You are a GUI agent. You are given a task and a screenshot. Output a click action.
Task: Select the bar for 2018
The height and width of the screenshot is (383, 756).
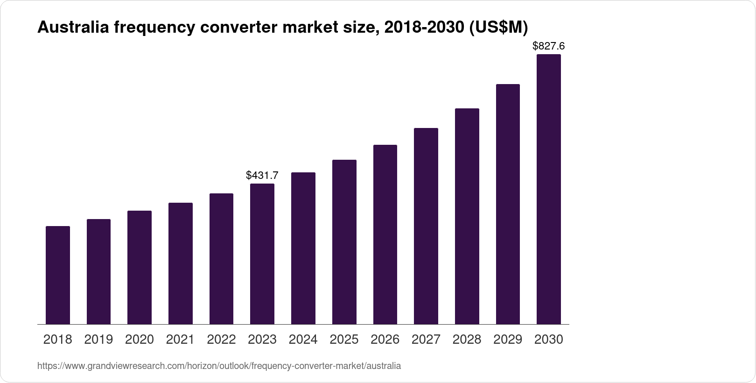tap(58, 275)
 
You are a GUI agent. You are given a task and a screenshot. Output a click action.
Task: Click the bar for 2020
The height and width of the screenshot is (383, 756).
tap(140, 267)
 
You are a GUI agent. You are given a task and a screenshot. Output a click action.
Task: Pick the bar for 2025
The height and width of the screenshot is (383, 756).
tap(344, 242)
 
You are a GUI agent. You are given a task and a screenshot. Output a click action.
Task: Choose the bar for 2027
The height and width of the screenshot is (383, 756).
tap(426, 226)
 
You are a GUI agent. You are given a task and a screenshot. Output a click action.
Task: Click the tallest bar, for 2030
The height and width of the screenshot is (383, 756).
tap(549, 189)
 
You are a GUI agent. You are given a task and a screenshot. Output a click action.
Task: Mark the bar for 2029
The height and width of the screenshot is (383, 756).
tap(508, 204)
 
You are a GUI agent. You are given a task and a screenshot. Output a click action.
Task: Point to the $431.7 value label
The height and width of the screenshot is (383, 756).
tap(262, 176)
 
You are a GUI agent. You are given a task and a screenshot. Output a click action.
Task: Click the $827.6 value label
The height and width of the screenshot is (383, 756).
tap(549, 46)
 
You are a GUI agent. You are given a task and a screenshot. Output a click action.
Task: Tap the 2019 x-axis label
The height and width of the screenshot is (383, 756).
tap(98, 340)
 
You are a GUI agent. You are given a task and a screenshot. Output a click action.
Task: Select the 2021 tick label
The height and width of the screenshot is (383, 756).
tap(180, 340)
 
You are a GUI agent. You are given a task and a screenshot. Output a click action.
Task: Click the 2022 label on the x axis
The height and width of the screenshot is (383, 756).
tap(221, 340)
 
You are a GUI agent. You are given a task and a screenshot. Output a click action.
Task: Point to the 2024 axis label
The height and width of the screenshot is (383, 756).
tap(303, 340)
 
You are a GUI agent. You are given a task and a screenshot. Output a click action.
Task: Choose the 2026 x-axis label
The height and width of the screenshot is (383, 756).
tap(385, 340)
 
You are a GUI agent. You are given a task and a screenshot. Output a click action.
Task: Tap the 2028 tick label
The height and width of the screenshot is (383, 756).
tap(467, 340)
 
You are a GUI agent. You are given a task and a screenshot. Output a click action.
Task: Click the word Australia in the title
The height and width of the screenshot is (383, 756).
tap(73, 28)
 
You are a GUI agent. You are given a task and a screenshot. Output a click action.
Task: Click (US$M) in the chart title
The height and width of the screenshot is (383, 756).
tap(498, 28)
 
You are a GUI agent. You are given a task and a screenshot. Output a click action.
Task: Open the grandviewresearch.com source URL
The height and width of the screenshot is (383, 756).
tap(219, 366)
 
